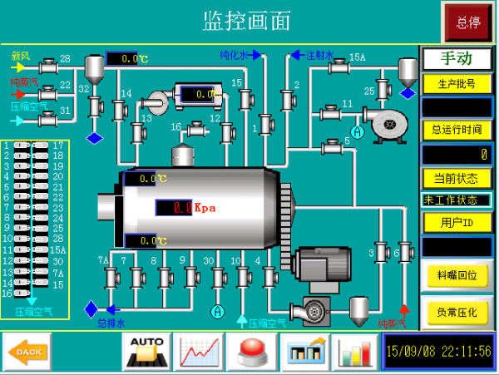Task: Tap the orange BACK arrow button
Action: pos(27,351)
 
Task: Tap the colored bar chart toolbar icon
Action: pos(355,351)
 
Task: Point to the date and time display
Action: pos(437,351)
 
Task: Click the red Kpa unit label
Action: pos(205,208)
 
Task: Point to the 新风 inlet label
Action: pos(20,56)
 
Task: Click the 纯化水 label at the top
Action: pos(233,55)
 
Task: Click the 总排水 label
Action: pos(111,323)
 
